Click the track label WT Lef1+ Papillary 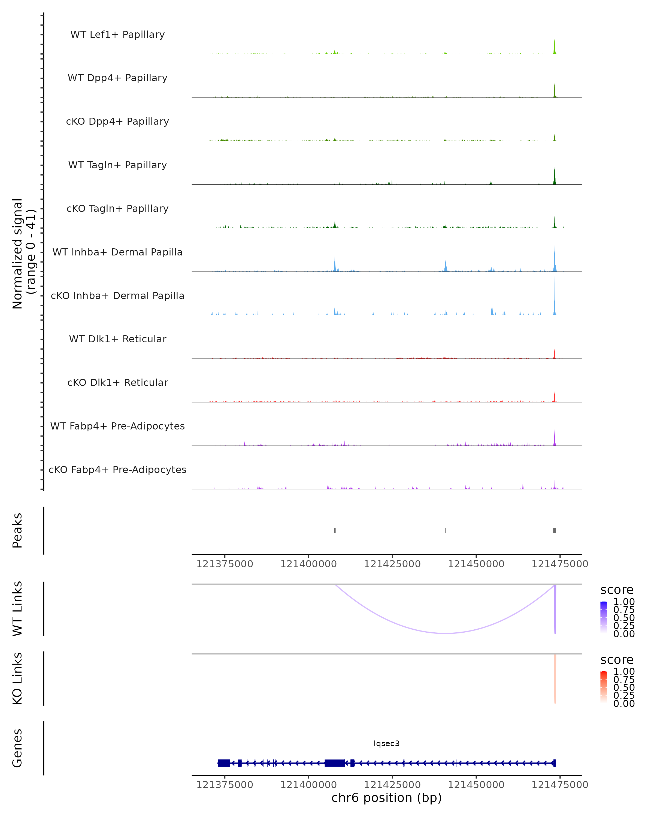(117, 35)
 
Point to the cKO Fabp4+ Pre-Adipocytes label (117, 470)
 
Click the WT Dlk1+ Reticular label (117, 339)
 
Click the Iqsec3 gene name (386, 743)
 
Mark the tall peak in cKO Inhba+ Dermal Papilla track (554, 299)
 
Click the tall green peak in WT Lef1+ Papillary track (554, 47)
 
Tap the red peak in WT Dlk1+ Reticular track (554, 355)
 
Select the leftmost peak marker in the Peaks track (335, 531)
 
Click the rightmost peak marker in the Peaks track (554, 531)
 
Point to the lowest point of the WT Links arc (446, 633)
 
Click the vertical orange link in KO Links (555, 678)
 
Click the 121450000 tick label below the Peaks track (476, 564)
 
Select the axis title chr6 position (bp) (386, 798)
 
